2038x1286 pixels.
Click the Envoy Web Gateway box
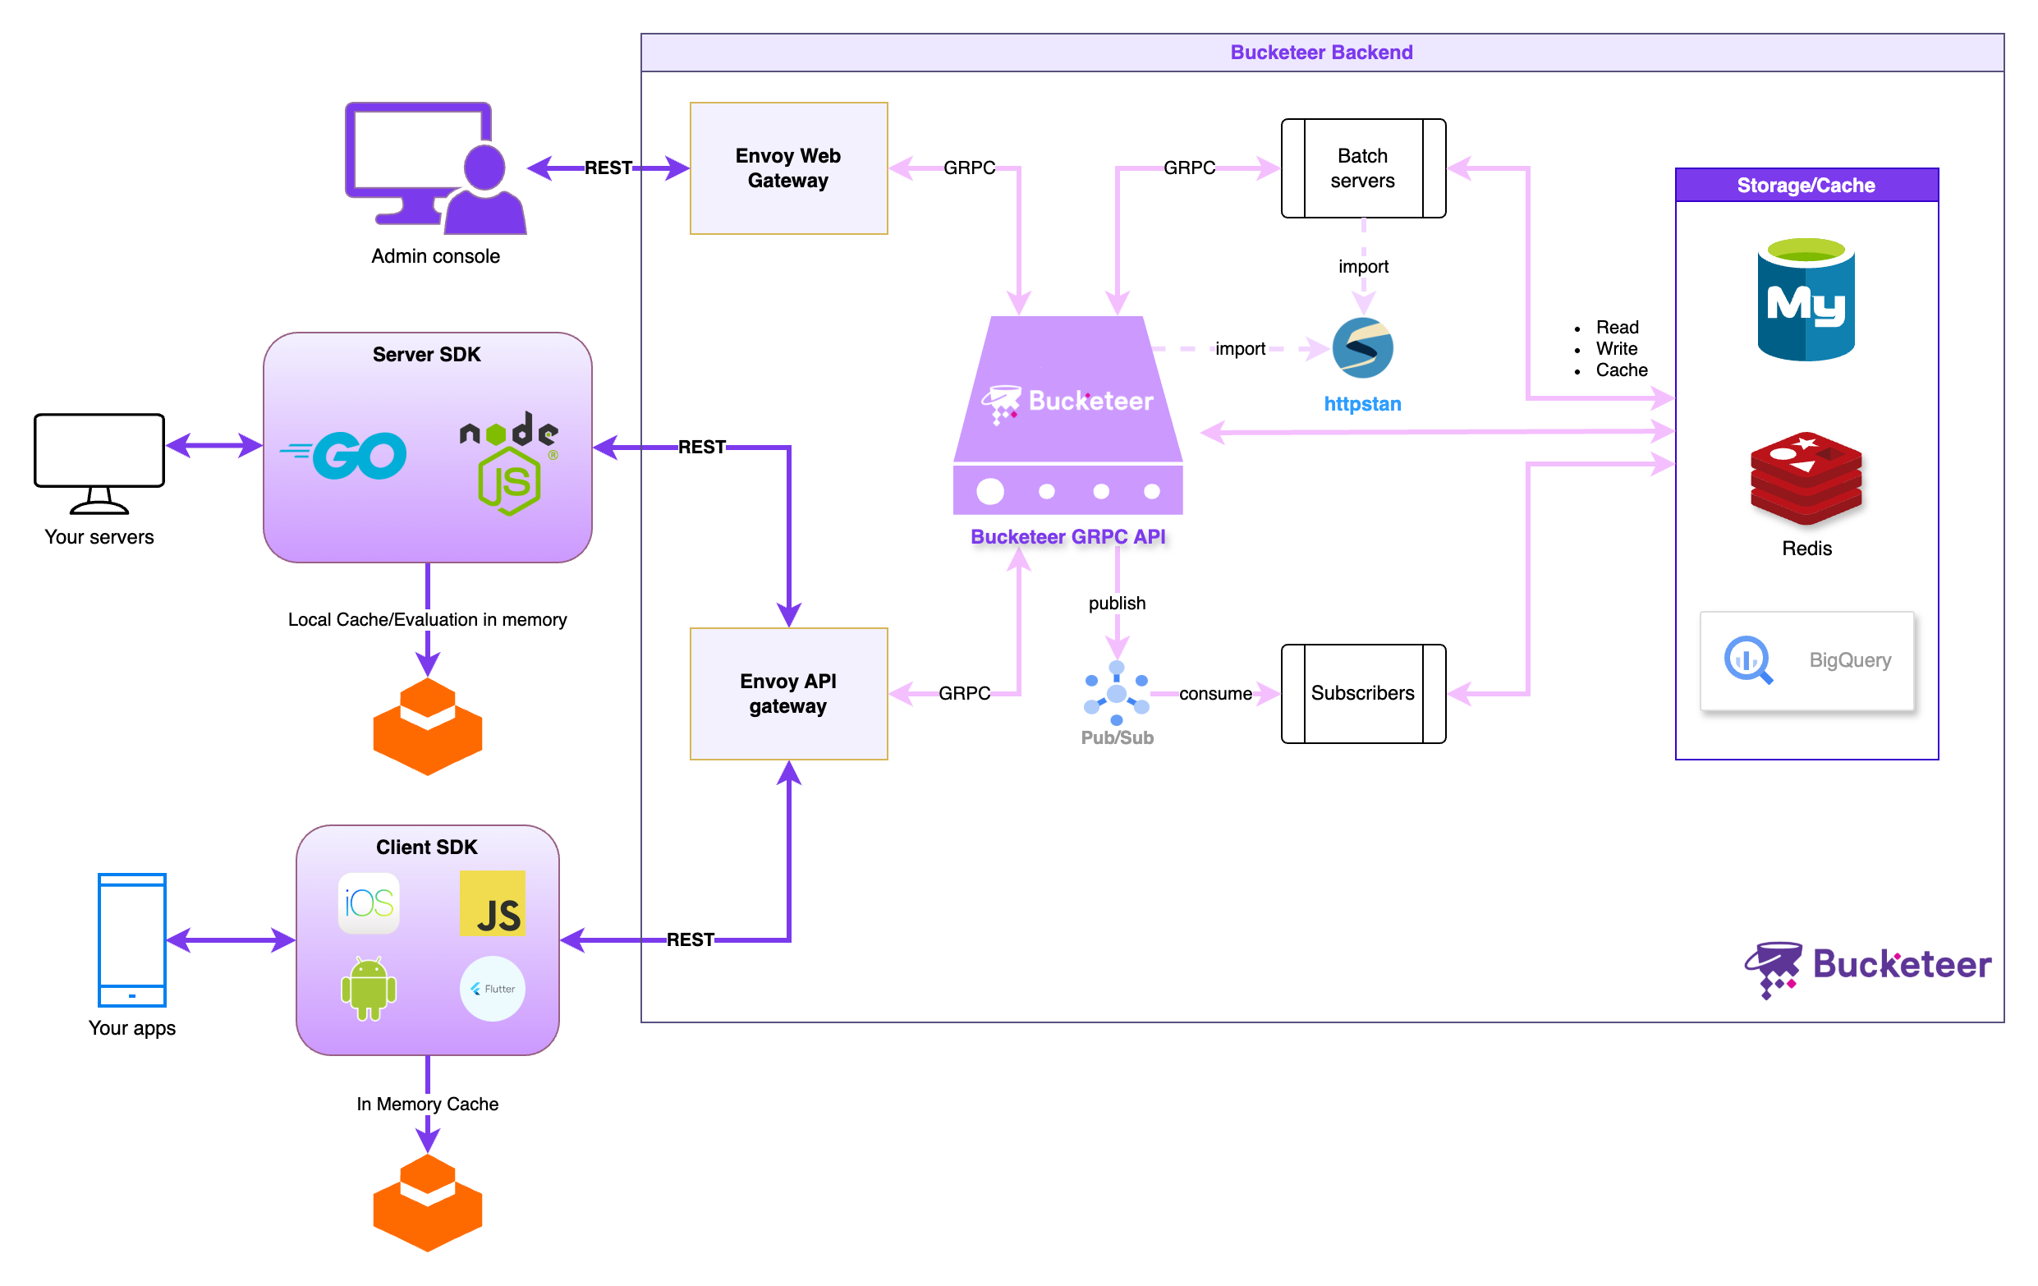[x=788, y=168]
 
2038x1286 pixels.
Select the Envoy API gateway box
[x=788, y=693]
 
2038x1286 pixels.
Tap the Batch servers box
[x=1362, y=168]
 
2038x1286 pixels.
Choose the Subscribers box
[x=1362, y=693]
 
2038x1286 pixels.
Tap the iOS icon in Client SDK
[x=369, y=902]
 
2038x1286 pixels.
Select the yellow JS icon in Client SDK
[x=493, y=902]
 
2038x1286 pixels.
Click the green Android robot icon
[x=369, y=988]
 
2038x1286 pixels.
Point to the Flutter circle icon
[x=493, y=988]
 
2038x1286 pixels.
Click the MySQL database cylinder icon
[x=1806, y=300]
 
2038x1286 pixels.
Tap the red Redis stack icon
[x=1806, y=478]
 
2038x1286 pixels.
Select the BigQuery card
[x=1806, y=660]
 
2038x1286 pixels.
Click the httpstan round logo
[x=1362, y=347]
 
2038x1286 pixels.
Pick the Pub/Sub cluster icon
[x=1117, y=693]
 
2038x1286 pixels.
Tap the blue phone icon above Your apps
[x=132, y=939]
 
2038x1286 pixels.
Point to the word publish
[x=1117, y=603]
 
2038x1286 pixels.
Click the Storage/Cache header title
[x=1806, y=186]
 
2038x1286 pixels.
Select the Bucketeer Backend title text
[x=1321, y=53]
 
